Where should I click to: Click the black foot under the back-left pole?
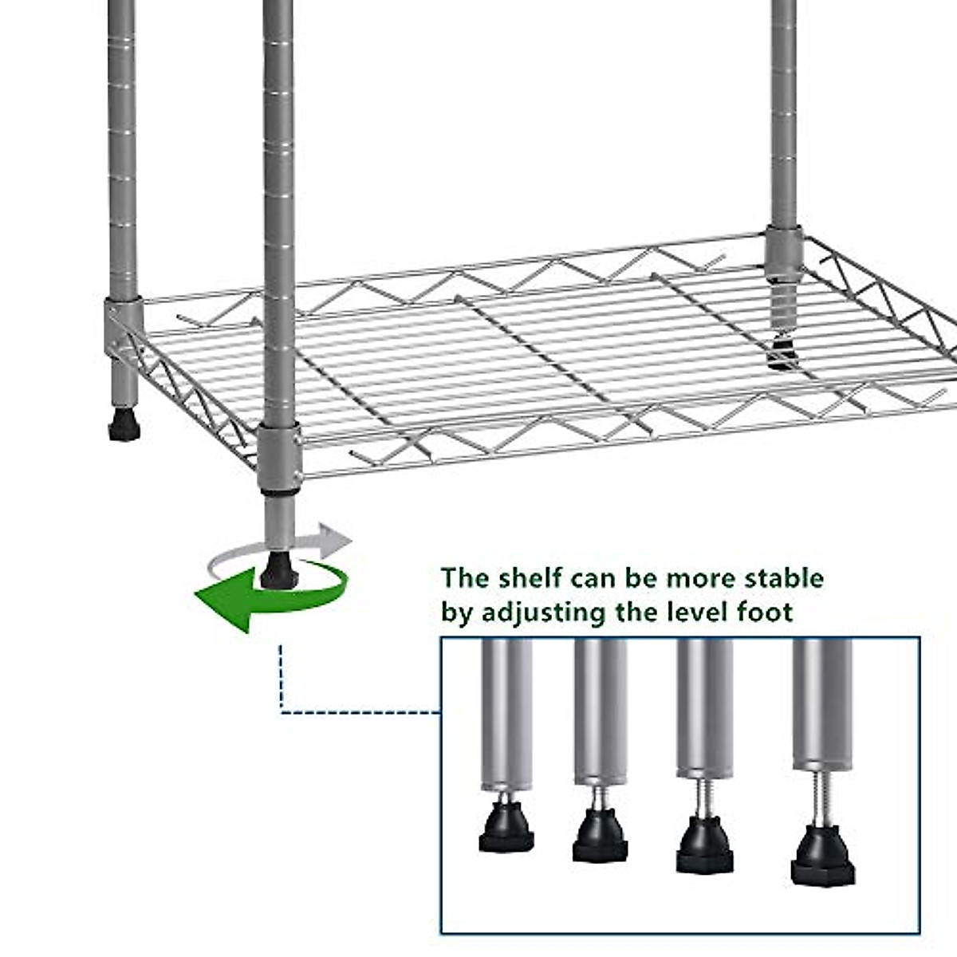click(x=124, y=427)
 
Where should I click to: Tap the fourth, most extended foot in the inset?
click(x=823, y=856)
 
